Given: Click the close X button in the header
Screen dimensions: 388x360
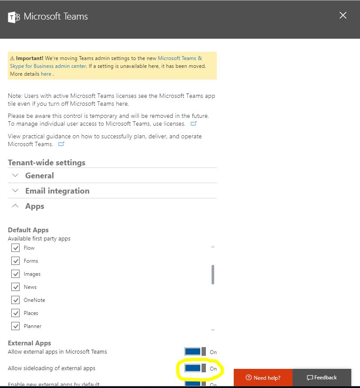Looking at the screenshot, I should [343, 16].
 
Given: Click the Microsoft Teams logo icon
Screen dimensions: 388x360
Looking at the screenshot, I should [14, 17].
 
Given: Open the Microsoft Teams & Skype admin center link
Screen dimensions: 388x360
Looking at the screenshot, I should [180, 58].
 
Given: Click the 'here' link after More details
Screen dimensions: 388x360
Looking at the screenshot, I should [46, 74].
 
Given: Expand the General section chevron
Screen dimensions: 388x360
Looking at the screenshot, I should [16, 176].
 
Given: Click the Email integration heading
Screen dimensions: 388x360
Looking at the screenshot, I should [57, 191].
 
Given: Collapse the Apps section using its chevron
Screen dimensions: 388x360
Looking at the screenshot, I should [16, 206].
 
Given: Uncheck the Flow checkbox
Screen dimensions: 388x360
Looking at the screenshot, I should [16, 248].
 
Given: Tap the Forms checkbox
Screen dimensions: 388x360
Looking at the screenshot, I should [16, 261].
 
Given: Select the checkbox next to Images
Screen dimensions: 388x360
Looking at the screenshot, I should [16, 274].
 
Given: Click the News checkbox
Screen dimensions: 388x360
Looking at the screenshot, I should [16, 287].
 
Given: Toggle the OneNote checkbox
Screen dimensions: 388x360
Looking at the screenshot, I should [16, 300].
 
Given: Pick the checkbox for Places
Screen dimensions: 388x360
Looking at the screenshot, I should [16, 313].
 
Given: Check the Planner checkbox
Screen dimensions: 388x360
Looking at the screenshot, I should [16, 326].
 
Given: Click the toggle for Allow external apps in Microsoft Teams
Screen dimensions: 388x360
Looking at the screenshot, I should [195, 351].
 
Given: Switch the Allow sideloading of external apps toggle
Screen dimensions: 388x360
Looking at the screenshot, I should [195, 368].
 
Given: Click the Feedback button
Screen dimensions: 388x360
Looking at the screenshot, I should [322, 378].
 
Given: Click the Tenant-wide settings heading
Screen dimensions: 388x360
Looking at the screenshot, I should [47, 163].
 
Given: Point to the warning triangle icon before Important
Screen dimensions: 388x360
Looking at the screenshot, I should [12, 58].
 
